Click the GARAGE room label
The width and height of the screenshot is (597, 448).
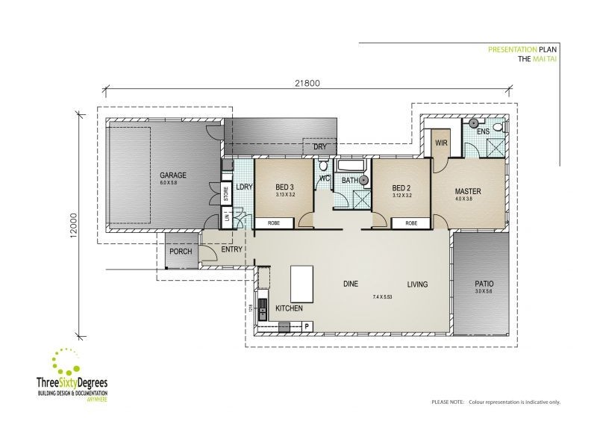[x=172, y=175]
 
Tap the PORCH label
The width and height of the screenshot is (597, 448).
[x=181, y=252]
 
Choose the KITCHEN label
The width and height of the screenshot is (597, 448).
[x=289, y=308]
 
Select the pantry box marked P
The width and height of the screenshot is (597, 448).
[x=307, y=326]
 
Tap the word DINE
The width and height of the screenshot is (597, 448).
[x=351, y=284]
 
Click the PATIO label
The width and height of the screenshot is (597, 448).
[x=484, y=284]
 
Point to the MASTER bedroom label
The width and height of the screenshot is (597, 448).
[x=468, y=191]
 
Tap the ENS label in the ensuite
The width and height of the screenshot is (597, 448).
[x=483, y=131]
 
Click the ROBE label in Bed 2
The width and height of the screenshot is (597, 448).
[x=411, y=223]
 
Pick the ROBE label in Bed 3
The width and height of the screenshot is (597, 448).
[x=274, y=223]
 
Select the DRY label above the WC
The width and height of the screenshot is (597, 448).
[x=319, y=146]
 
